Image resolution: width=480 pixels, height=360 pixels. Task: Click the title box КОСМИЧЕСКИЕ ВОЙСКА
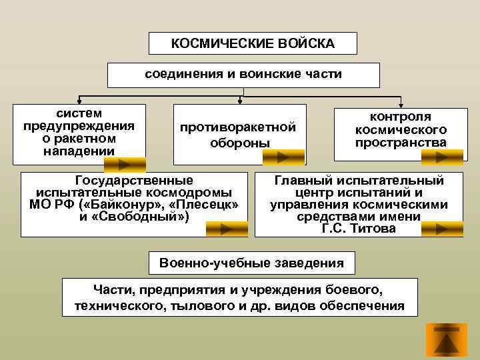253,44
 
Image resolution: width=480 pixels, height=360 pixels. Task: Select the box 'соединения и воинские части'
243,75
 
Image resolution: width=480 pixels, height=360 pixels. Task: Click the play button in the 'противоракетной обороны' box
283,157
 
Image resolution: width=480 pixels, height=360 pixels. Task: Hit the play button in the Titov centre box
440,229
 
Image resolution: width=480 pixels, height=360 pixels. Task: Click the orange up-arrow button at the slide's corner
446,341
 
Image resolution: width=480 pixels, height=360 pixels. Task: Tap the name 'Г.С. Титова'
358,229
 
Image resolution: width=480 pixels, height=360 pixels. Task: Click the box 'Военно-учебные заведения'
252,263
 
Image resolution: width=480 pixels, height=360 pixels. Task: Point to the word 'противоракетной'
237,127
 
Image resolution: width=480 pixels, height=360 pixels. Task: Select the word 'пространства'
401,143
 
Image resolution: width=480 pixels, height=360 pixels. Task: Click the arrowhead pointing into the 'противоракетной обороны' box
240,101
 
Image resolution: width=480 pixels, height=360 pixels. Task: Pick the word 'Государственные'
135,180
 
